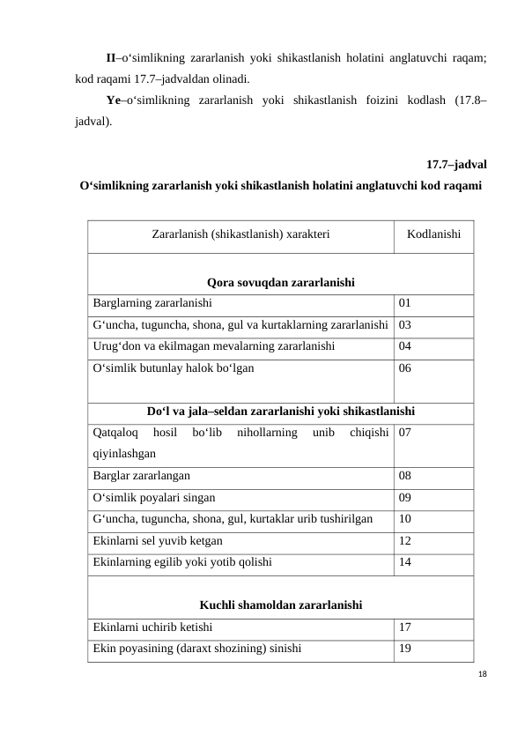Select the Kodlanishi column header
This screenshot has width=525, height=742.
click(x=433, y=236)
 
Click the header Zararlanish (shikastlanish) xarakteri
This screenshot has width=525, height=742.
click(x=240, y=236)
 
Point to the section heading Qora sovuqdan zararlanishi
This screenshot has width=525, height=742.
click(x=280, y=283)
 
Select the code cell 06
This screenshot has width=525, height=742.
click(x=405, y=368)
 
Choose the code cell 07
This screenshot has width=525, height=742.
click(x=405, y=433)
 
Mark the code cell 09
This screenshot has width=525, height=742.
click(x=405, y=497)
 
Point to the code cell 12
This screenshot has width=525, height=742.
click(x=405, y=540)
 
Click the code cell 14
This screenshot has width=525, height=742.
click(x=405, y=561)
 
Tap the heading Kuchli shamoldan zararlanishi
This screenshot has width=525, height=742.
click(x=282, y=605)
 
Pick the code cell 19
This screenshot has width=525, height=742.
click(x=405, y=648)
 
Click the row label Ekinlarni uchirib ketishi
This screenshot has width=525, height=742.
click(x=151, y=627)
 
